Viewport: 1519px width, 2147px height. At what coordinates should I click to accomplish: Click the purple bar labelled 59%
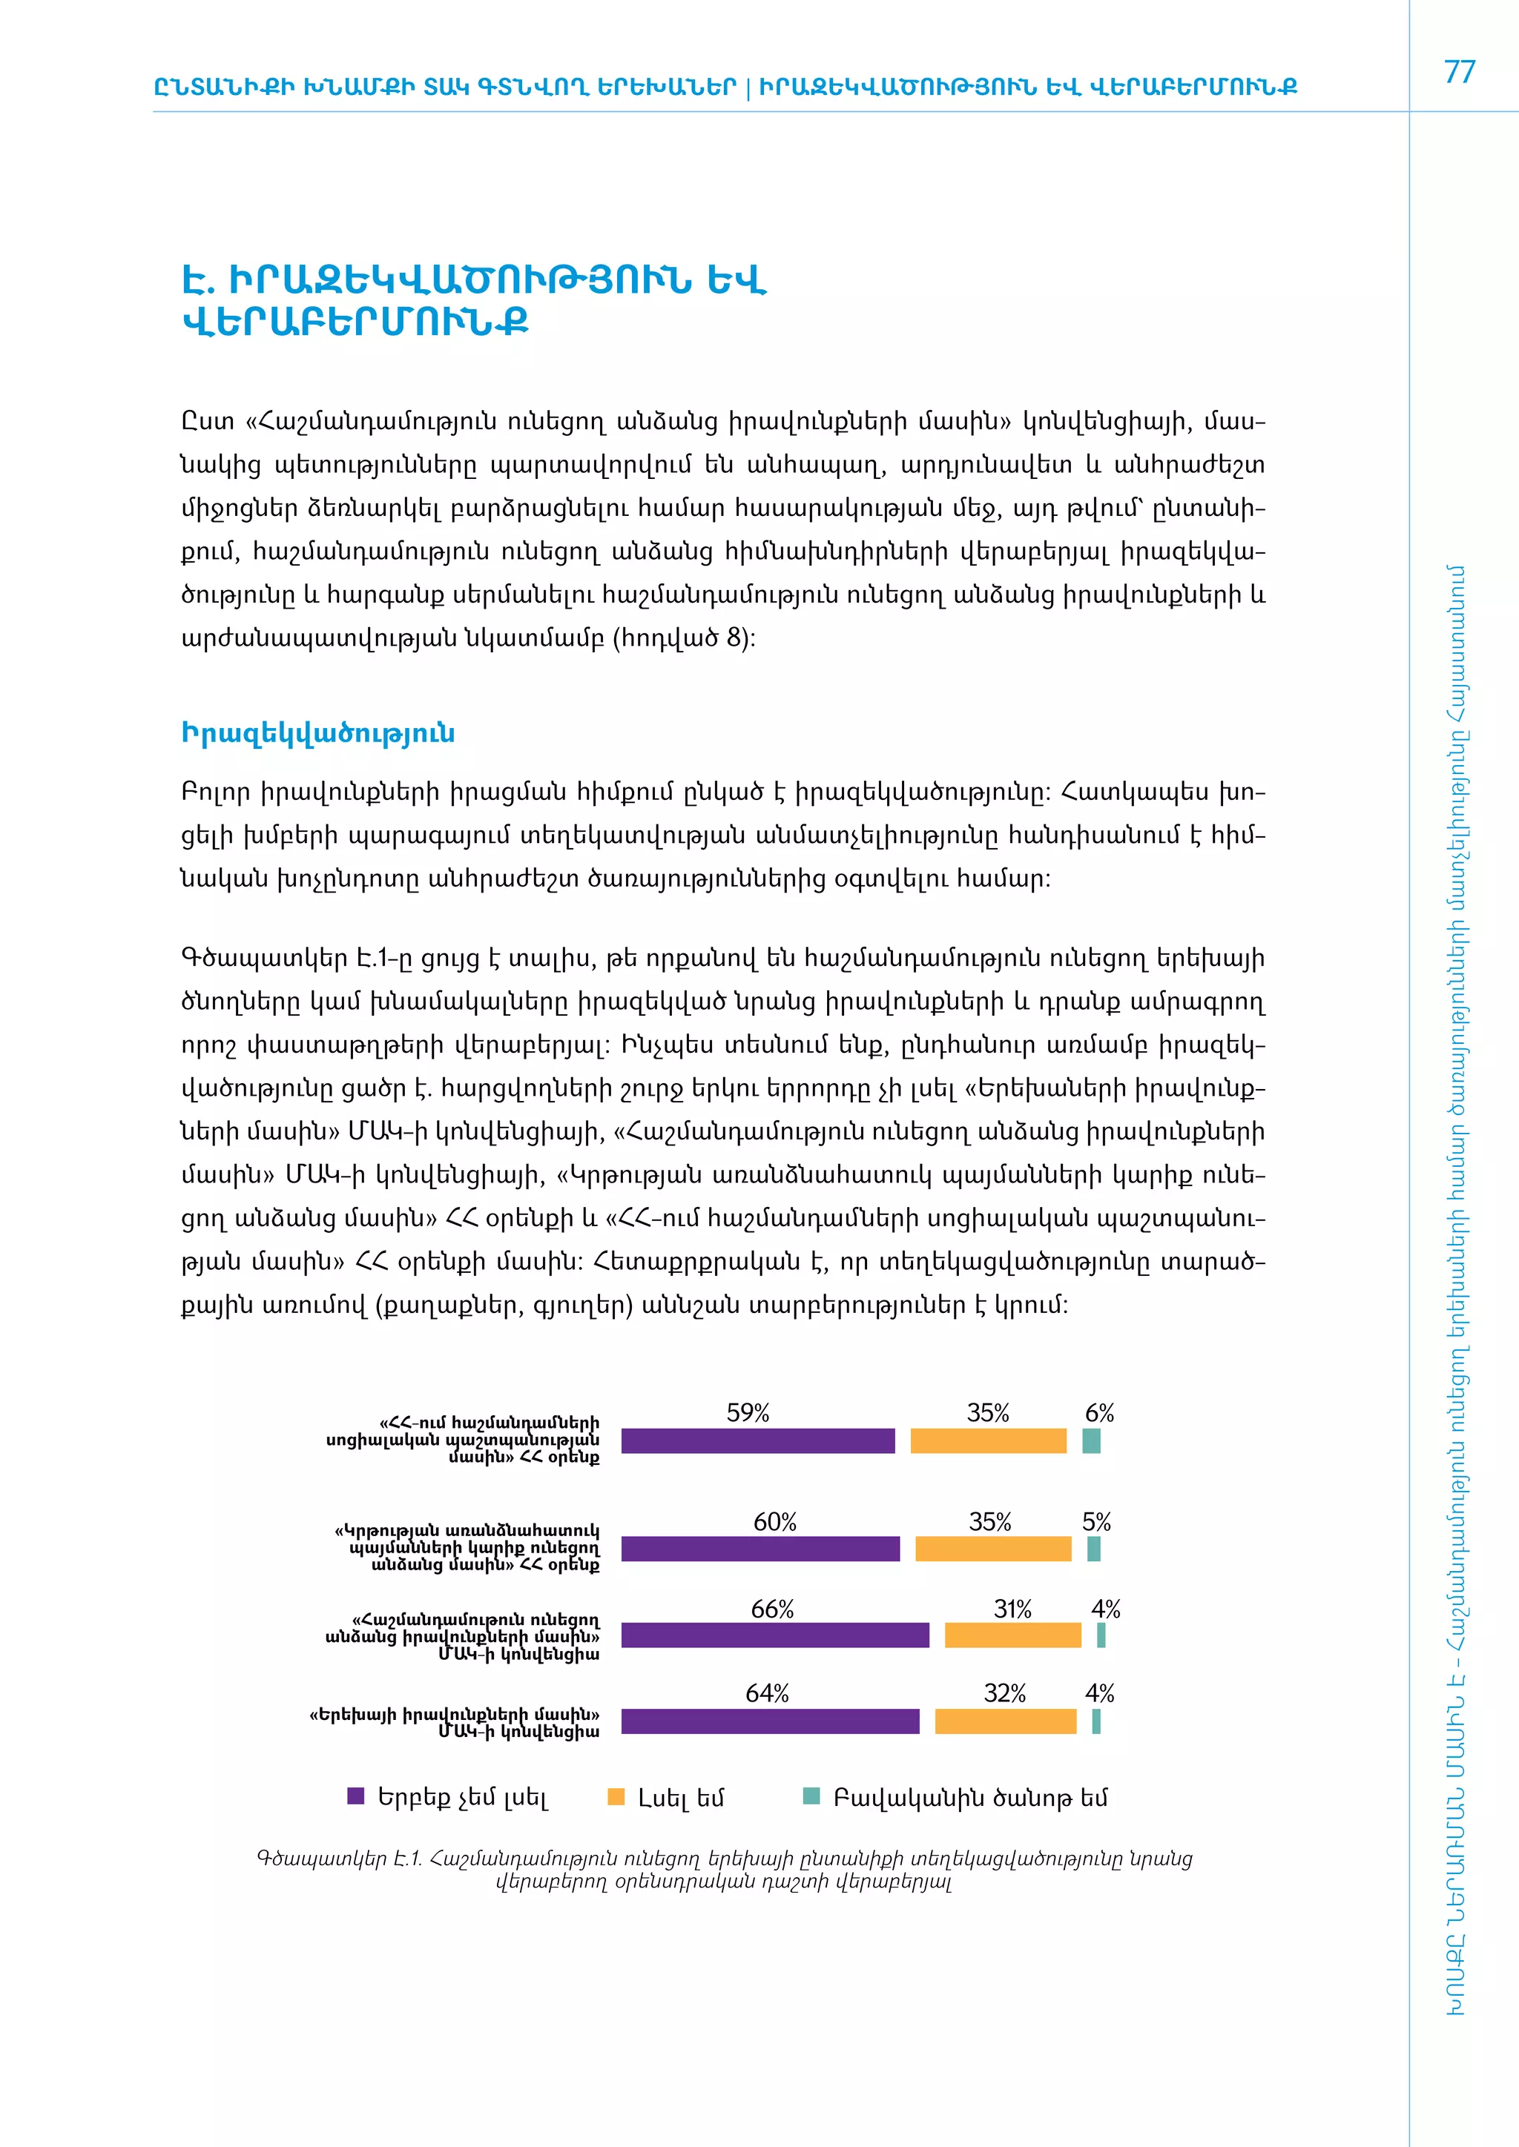pos(757,1441)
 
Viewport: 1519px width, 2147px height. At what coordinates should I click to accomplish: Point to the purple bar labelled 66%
pos(774,1635)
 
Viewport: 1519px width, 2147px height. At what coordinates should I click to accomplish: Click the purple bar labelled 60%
pos(759,1549)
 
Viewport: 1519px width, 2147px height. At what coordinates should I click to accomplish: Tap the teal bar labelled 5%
pos(1093,1549)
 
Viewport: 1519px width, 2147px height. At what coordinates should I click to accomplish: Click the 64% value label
pos(767,1693)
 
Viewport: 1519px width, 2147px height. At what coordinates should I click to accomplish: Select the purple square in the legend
pos(355,1796)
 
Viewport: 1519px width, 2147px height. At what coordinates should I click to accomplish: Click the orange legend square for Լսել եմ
pos(616,1796)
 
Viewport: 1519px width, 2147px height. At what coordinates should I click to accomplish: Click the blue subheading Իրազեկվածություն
pos(318,733)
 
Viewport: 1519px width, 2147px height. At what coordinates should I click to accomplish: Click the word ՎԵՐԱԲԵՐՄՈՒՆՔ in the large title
pos(355,322)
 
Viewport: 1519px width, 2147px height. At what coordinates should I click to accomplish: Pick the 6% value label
pos(1099,1413)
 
